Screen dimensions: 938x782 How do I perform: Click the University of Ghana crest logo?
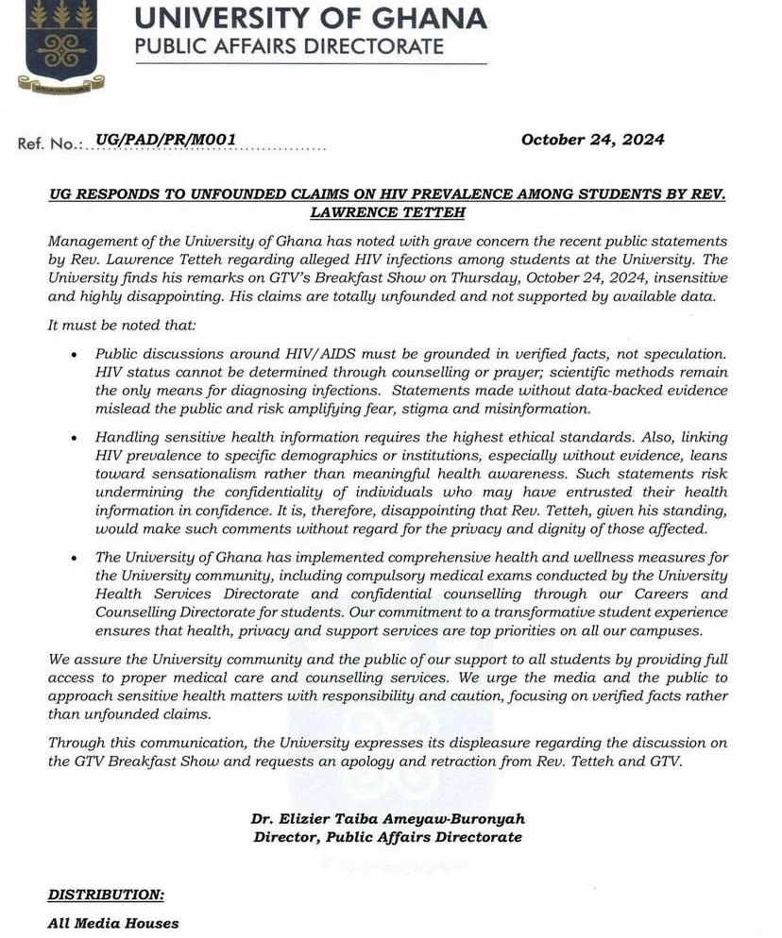[x=62, y=45]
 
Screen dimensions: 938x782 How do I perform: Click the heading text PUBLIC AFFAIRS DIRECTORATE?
[x=289, y=46]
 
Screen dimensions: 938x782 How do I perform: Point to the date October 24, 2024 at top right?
[x=592, y=140]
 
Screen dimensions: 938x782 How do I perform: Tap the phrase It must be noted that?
[x=110, y=326]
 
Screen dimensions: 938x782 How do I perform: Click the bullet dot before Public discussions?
[x=75, y=354]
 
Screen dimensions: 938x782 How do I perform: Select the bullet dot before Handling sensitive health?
[x=75, y=438]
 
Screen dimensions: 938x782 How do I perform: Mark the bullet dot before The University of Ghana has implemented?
[x=75, y=559]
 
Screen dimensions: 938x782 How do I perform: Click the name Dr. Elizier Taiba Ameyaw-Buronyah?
[x=387, y=819]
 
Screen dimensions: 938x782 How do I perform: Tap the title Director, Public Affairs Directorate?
[x=387, y=837]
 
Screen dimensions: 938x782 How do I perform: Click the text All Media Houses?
[x=113, y=923]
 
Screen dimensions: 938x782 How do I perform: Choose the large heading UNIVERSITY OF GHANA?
[x=311, y=18]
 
